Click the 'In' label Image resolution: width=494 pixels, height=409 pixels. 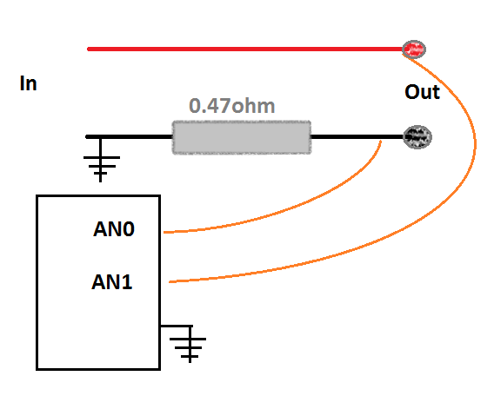(29, 83)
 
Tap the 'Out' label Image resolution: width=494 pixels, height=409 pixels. (422, 92)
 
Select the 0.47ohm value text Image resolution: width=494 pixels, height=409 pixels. (232, 106)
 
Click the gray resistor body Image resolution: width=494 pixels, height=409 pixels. (242, 137)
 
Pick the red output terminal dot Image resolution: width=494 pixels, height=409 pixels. (414, 49)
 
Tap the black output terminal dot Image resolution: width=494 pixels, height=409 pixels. (417, 137)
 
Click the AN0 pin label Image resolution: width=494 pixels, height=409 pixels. (114, 229)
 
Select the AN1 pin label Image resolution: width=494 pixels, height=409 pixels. (112, 282)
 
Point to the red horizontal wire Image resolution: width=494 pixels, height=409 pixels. (245, 49)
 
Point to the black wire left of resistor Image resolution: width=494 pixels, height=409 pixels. (130, 136)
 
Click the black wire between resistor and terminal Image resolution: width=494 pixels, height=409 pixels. (357, 136)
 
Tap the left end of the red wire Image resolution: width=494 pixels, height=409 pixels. (88, 49)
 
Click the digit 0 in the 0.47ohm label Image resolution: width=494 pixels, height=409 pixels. (195, 106)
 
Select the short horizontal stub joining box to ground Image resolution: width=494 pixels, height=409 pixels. (176, 326)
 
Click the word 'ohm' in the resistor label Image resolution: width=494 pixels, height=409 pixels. (253, 106)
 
